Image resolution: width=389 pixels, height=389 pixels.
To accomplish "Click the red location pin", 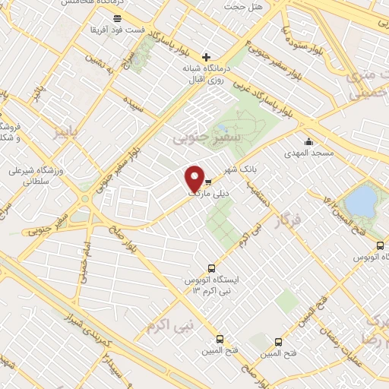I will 195,179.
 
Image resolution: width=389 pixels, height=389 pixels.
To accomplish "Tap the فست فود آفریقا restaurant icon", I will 116,17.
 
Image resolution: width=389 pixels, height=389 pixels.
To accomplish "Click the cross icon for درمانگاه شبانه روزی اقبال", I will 206,57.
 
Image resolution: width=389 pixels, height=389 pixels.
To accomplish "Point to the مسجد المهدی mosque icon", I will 308,142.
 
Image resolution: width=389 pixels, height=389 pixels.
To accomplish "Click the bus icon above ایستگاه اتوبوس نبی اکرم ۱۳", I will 211,267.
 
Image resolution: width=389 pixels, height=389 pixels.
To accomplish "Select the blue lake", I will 359,201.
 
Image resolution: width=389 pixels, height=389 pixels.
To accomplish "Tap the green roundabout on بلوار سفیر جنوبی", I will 84,199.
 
